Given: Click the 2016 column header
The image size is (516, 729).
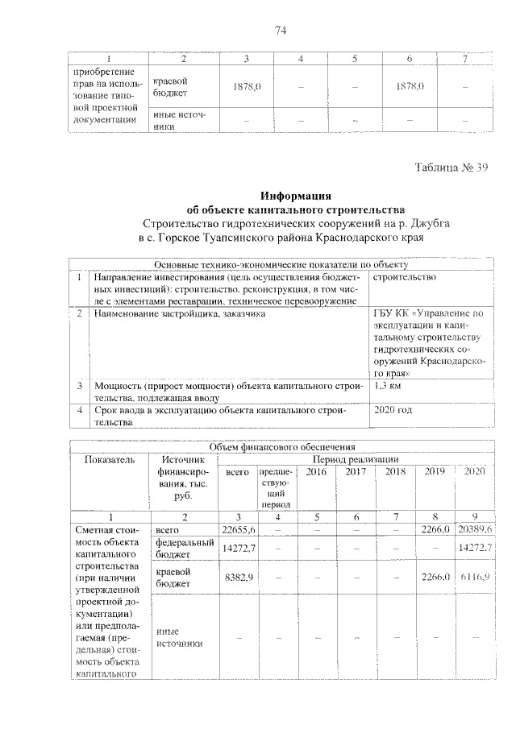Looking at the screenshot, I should (317, 470).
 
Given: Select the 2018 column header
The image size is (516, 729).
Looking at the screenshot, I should (396, 470).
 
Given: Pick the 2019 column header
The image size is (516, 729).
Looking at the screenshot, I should (435, 470).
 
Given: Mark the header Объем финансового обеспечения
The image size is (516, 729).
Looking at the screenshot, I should (283, 446).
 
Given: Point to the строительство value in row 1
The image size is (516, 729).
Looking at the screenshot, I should (405, 277).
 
